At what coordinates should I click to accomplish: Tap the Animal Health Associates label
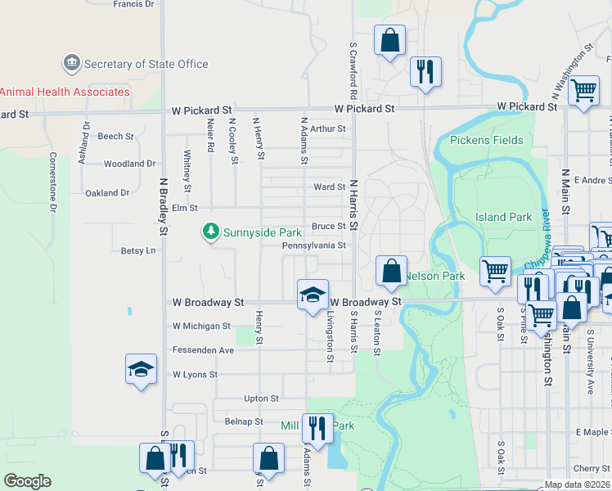pos(65,92)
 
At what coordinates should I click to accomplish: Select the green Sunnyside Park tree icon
pos(211,232)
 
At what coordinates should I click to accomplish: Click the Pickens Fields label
pos(486,140)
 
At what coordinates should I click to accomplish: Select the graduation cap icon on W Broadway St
pos(313,295)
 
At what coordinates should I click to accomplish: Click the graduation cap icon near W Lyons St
pos(141,371)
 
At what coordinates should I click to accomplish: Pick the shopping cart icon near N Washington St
pos(583,92)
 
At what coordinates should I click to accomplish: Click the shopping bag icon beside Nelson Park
pos(392,271)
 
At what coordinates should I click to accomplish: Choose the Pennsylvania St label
pos(314,245)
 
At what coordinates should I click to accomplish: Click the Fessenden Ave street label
pos(203,350)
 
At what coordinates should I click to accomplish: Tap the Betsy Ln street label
pos(137,250)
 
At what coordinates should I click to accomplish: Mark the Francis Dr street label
pos(133,4)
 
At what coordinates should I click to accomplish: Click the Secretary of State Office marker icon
pos(72,64)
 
